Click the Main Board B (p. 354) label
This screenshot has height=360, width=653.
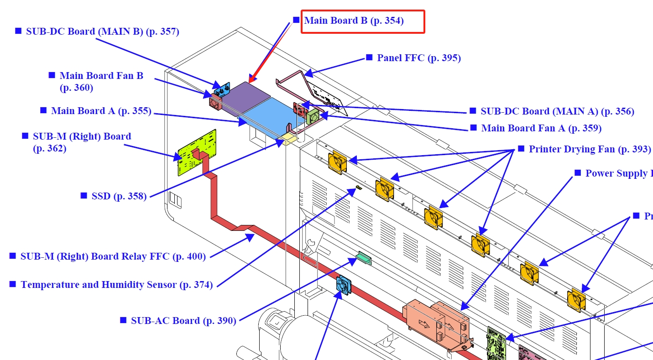[354, 21]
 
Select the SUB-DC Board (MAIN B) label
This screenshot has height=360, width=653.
[102, 31]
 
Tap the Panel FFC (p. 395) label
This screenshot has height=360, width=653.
[418, 58]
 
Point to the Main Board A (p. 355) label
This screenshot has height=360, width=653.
[101, 110]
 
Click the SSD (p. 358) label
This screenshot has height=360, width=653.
[119, 196]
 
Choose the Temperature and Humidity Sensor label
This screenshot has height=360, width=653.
[116, 285]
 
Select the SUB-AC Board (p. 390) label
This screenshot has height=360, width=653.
[183, 320]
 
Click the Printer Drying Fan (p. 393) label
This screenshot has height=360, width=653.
[590, 149]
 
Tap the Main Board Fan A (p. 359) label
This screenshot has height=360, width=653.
[541, 128]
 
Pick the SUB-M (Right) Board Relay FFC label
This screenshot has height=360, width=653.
[113, 256]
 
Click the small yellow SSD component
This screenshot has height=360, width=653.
[289, 138]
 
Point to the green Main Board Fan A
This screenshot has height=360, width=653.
[314, 116]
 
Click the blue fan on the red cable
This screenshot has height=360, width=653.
[344, 286]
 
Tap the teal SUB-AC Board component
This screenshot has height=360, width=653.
[365, 259]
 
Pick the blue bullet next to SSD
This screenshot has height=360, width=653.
[84, 195]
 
